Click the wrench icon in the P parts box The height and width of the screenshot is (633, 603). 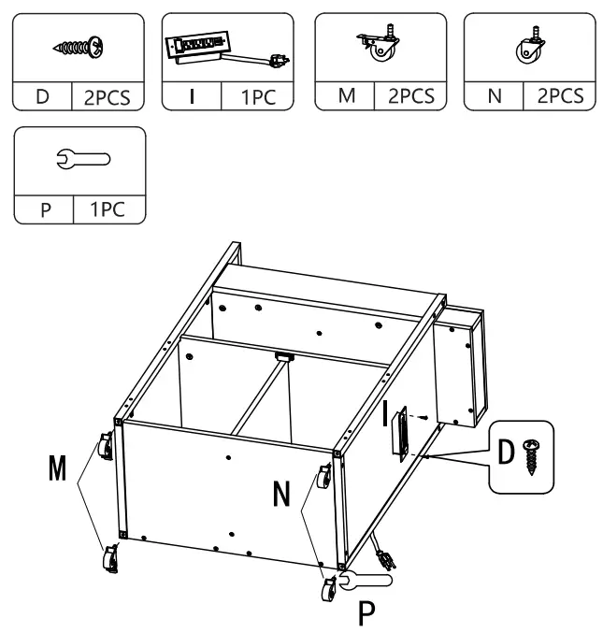click(79, 159)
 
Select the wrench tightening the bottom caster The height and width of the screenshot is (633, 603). click(365, 583)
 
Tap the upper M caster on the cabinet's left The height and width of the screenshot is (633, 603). click(103, 450)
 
